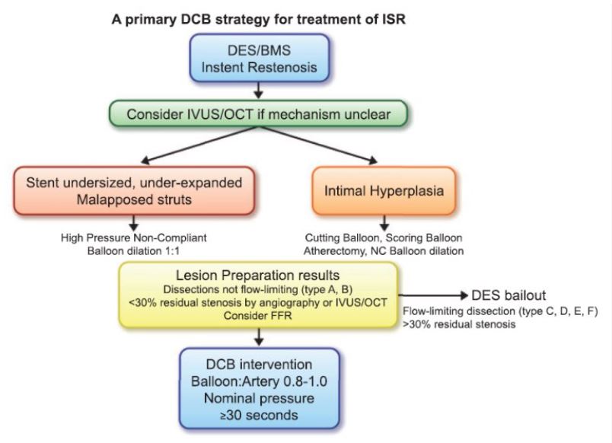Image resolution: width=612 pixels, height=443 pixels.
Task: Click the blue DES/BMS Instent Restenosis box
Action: pyautogui.click(x=260, y=58)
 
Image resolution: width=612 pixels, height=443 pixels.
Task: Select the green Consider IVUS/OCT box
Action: pyautogui.click(x=258, y=114)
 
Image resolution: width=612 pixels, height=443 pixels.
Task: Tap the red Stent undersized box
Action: pyautogui.click(x=134, y=191)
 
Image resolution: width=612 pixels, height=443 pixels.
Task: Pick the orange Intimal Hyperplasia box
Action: pyautogui.click(x=384, y=191)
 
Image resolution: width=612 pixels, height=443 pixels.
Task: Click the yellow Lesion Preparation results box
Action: pyautogui.click(x=258, y=295)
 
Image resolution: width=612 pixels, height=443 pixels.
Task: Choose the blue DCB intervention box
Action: pyautogui.click(x=259, y=389)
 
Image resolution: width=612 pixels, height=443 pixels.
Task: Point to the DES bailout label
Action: pyautogui.click(x=508, y=295)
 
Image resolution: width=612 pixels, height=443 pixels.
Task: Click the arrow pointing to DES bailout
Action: pyautogui.click(x=433, y=295)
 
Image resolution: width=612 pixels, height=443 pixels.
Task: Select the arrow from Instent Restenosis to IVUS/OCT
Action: pyautogui.click(x=258, y=91)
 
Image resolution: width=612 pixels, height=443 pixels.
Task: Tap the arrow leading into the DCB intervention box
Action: pyautogui.click(x=259, y=337)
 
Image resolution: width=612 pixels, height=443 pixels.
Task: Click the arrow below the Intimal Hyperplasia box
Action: pyautogui.click(x=384, y=223)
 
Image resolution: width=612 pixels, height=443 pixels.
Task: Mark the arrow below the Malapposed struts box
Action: pyautogui.click(x=134, y=223)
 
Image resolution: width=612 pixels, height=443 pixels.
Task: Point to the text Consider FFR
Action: pyautogui.click(x=257, y=315)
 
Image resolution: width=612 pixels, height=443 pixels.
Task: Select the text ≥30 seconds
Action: pyautogui.click(x=259, y=415)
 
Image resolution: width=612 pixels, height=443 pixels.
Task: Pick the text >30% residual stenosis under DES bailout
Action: pyautogui.click(x=459, y=324)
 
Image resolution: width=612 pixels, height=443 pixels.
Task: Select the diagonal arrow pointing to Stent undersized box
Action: pyautogui.click(x=199, y=145)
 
